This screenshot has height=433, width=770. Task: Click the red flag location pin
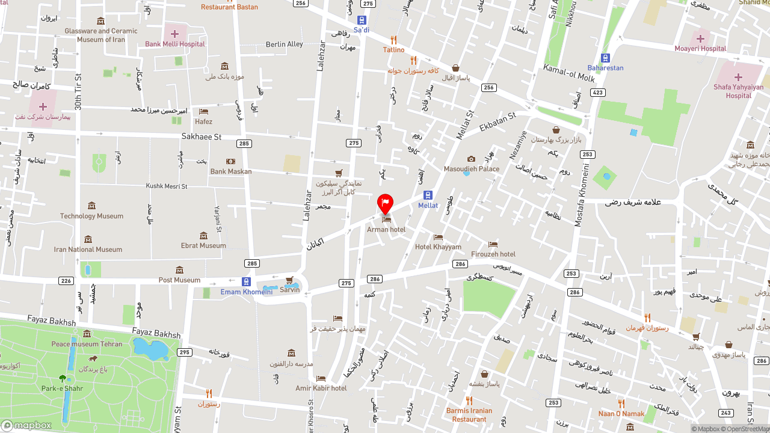tap(385, 202)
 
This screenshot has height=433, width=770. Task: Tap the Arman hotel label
tap(386, 230)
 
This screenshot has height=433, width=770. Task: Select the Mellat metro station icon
tap(428, 195)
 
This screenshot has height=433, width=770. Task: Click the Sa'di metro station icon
tap(362, 20)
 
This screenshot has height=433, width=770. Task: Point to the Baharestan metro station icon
tap(606, 58)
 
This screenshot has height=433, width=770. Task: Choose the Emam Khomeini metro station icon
tap(246, 281)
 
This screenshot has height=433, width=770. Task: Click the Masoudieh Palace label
tap(472, 169)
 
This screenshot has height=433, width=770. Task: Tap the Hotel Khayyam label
tap(438, 247)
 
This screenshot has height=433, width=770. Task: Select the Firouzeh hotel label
tap(493, 254)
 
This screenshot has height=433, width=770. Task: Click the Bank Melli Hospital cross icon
tap(174, 34)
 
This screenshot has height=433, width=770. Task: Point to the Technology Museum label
tap(91, 216)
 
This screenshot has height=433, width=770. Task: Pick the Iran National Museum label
tap(88, 250)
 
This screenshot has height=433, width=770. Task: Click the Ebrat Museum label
tap(203, 245)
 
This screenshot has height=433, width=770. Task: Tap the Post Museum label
tap(179, 280)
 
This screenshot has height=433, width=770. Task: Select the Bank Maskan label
tap(231, 171)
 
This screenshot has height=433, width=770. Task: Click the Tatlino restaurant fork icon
tap(394, 40)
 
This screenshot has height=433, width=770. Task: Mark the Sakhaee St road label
tap(202, 137)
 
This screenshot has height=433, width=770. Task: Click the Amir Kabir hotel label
tap(321, 388)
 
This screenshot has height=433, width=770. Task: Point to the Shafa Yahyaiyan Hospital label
tap(738, 91)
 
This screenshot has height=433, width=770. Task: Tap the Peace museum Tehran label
tap(87, 344)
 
